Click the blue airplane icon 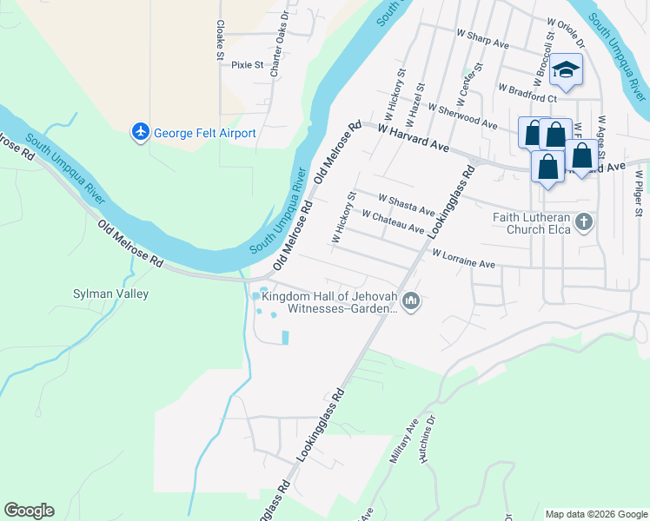[140, 132]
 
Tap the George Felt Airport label [205, 133]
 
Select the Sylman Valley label [110, 293]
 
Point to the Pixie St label [247, 64]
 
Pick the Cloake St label [220, 40]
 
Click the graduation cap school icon [566, 71]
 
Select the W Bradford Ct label [527, 87]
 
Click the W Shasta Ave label [406, 205]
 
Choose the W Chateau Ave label [393, 221]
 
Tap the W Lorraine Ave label [463, 258]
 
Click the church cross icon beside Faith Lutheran [584, 222]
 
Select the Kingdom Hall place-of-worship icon [411, 301]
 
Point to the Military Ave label [404, 445]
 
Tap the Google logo [29, 511]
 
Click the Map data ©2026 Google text [595, 513]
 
